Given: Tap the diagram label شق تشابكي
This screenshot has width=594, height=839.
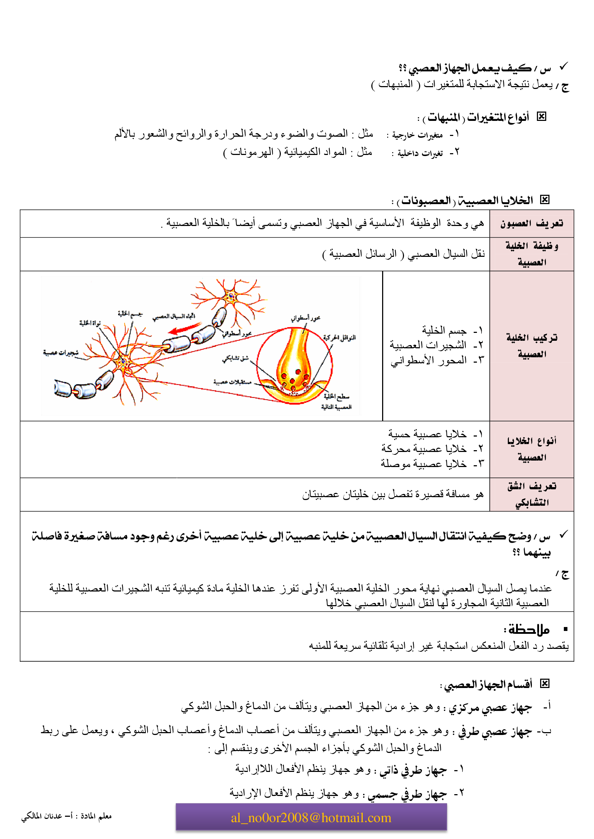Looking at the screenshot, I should pyautogui.click(x=235, y=359).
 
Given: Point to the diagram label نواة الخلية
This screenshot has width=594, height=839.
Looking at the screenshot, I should pyautogui.click(x=90, y=323).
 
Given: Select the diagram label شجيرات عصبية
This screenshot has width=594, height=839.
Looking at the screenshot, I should pyautogui.click(x=61, y=353).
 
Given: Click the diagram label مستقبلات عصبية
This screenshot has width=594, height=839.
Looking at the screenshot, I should pyautogui.click(x=232, y=382).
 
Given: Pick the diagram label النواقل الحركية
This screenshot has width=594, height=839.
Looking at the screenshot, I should pyautogui.click(x=339, y=337).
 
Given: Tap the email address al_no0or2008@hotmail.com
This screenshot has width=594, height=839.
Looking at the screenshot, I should pyautogui.click(x=311, y=817).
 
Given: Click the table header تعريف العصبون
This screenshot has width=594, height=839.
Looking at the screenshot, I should pyautogui.click(x=532, y=223).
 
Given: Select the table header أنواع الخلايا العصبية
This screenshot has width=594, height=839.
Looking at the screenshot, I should pyautogui.click(x=532, y=449).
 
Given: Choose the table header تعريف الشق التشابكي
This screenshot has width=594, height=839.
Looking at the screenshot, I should pyautogui.click(x=532, y=494).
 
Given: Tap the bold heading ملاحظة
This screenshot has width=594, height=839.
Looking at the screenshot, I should pyautogui.click(x=527, y=630).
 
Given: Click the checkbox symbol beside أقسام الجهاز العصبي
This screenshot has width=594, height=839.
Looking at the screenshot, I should pyautogui.click(x=545, y=683).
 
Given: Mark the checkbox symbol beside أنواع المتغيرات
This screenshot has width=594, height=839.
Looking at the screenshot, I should pyautogui.click(x=541, y=117).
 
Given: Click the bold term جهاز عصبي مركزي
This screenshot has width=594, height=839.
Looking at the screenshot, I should pyautogui.click(x=490, y=708).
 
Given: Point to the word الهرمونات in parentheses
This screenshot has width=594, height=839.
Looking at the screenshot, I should pyautogui.click(x=252, y=152).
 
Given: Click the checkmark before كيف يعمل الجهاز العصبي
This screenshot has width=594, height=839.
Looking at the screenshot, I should pyautogui.click(x=563, y=66).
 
